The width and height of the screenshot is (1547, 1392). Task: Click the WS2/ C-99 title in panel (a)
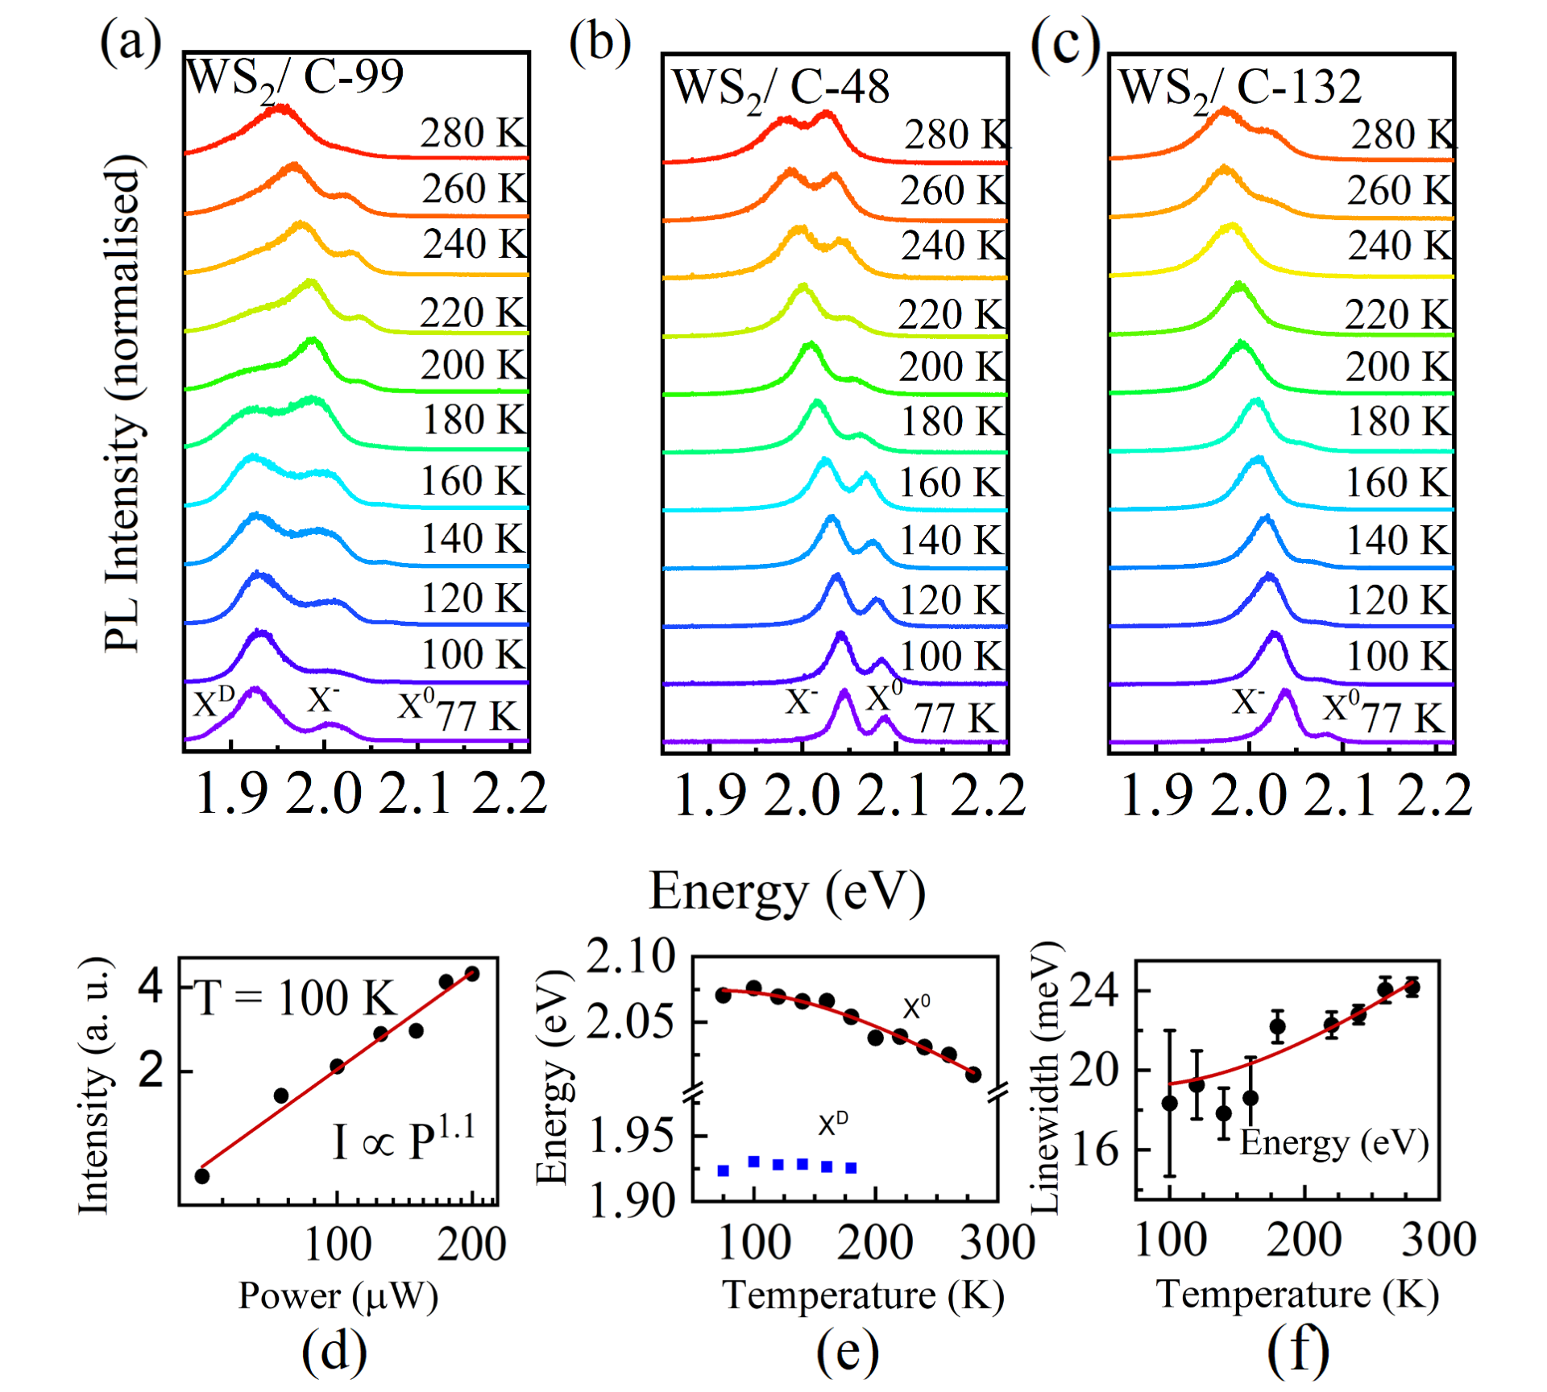[x=294, y=79]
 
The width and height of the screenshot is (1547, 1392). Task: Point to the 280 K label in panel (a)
[x=473, y=133]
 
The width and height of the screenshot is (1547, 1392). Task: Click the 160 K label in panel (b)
[x=951, y=483]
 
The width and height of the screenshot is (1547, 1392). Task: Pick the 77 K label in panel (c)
[x=1415, y=717]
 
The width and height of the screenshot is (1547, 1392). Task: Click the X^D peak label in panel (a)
[x=214, y=702]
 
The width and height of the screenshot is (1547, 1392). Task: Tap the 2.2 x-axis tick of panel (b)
[x=988, y=796]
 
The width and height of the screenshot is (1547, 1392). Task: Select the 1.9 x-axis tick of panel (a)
[x=232, y=796]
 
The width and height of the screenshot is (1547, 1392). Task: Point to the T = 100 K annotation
[x=295, y=999]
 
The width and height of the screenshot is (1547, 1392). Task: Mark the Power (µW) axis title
[x=338, y=1296]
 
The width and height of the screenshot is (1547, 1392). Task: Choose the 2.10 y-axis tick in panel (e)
[x=630, y=959]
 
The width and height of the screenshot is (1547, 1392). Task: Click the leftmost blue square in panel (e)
[x=724, y=1170]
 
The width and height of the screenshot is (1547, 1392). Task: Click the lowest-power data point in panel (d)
[x=202, y=1176]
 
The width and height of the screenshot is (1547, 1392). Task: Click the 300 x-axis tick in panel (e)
[x=997, y=1242]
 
